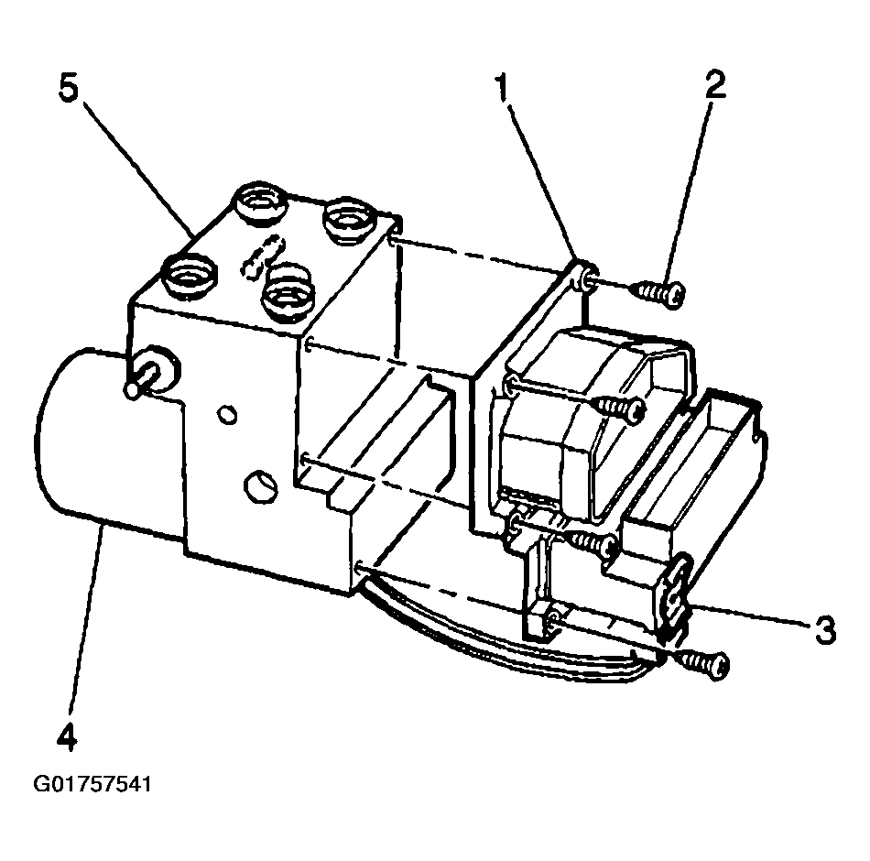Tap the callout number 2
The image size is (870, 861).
(x=714, y=84)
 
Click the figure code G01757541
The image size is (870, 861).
(x=92, y=785)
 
